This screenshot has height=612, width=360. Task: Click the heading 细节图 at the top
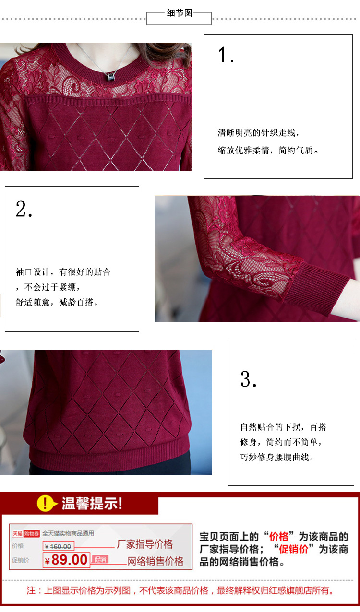(x=180, y=13)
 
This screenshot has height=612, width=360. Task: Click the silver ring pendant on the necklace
(x=110, y=77)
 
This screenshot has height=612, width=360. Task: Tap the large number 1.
(x=226, y=54)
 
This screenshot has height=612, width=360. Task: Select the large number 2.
(x=24, y=209)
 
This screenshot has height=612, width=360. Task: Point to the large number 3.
(x=248, y=379)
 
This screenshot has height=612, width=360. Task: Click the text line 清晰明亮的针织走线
(x=258, y=133)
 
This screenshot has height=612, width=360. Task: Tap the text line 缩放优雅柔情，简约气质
(x=268, y=150)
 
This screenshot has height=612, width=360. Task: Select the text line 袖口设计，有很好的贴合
(x=63, y=272)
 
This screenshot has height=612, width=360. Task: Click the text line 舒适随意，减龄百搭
(x=57, y=302)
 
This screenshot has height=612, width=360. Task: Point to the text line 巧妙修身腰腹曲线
(x=277, y=457)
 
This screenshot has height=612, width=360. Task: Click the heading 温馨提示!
(x=92, y=503)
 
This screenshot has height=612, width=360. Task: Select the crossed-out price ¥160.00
(x=58, y=546)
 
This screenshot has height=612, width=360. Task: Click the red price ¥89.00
(x=66, y=560)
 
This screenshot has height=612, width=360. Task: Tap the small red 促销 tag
(x=100, y=560)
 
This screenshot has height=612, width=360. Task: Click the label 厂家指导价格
(x=145, y=544)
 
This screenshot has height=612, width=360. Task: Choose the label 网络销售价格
(x=155, y=562)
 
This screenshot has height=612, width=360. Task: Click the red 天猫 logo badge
(x=17, y=534)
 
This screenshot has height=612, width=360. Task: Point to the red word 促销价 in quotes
(x=294, y=549)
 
